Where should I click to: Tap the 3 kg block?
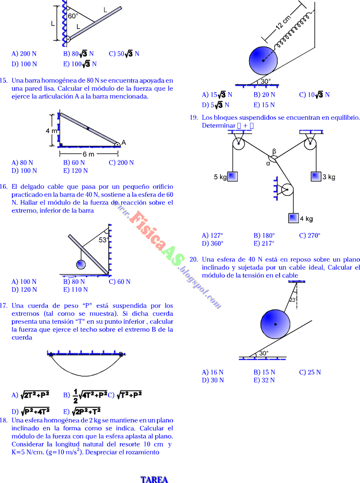[317, 176]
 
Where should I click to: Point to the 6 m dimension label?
[89, 153]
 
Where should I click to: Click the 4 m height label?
[51, 131]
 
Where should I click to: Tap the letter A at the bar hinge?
[124, 142]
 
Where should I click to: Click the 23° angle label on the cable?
[292, 300]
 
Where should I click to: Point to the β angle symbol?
[274, 151]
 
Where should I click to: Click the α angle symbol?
[268, 163]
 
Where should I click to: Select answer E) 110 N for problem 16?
[75, 289]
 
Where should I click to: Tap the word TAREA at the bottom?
[154, 479]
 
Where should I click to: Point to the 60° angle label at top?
[73, 16]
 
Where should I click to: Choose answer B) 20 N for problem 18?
[264, 95]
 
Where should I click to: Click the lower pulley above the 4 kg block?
[287, 190]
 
